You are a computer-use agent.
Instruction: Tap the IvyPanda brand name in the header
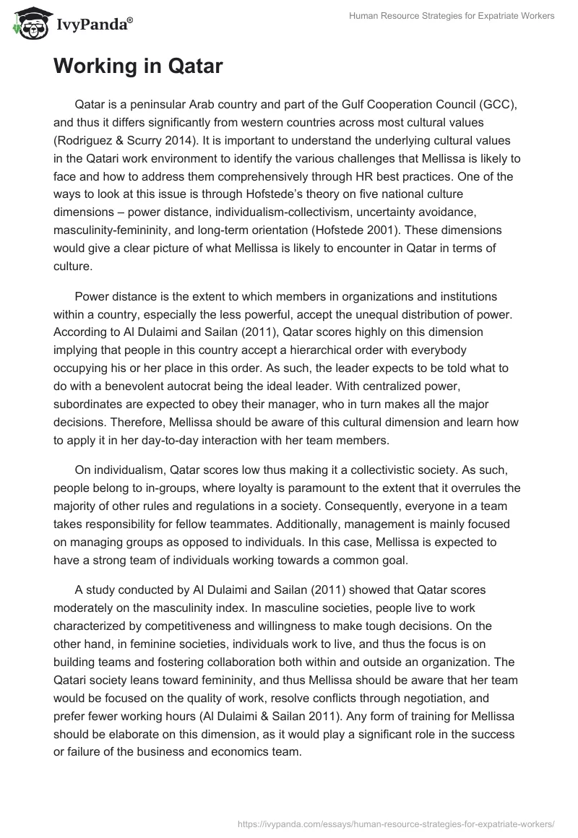point(92,26)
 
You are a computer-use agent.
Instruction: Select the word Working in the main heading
point(103,67)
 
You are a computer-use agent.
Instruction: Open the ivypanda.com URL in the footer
point(397,822)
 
